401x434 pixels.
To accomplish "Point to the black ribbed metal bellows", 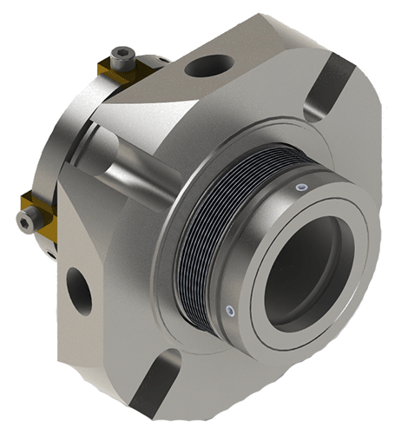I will click(212, 234).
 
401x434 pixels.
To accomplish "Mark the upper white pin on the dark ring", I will click(301, 187).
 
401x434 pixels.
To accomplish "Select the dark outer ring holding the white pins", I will click(260, 217).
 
